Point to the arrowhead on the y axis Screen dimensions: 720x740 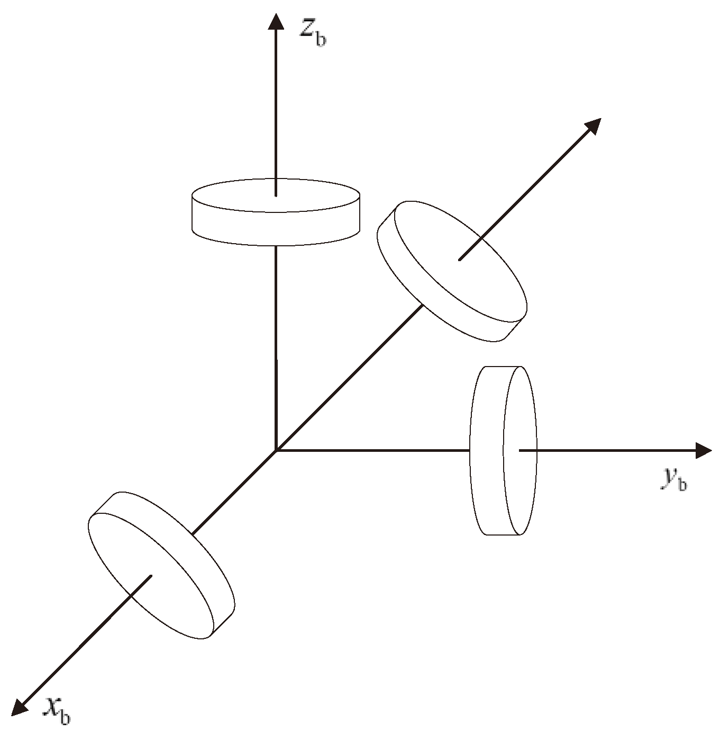coord(704,450)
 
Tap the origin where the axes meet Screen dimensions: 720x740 coord(276,450)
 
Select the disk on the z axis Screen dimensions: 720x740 coord(276,212)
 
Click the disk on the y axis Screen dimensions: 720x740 coord(503,450)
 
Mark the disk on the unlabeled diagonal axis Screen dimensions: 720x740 coord(452,270)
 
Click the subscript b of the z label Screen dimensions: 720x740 coord(321,40)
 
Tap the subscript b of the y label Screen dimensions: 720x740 coord(682,484)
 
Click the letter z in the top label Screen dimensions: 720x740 coord(306,29)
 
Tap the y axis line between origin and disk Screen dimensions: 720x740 coord(370,450)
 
